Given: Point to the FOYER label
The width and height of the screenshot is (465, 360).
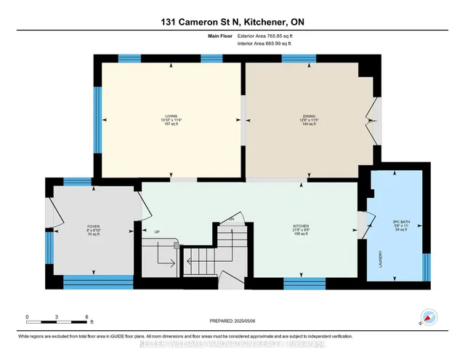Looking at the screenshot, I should (x=92, y=226).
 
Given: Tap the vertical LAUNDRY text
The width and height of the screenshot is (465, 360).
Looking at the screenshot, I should (x=381, y=260).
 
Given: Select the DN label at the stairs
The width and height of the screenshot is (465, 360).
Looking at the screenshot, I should (x=231, y=218).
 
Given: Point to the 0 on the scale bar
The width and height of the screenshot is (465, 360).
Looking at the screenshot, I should (x=28, y=317).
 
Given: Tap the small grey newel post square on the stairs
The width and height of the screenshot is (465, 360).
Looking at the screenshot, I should (x=176, y=247).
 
